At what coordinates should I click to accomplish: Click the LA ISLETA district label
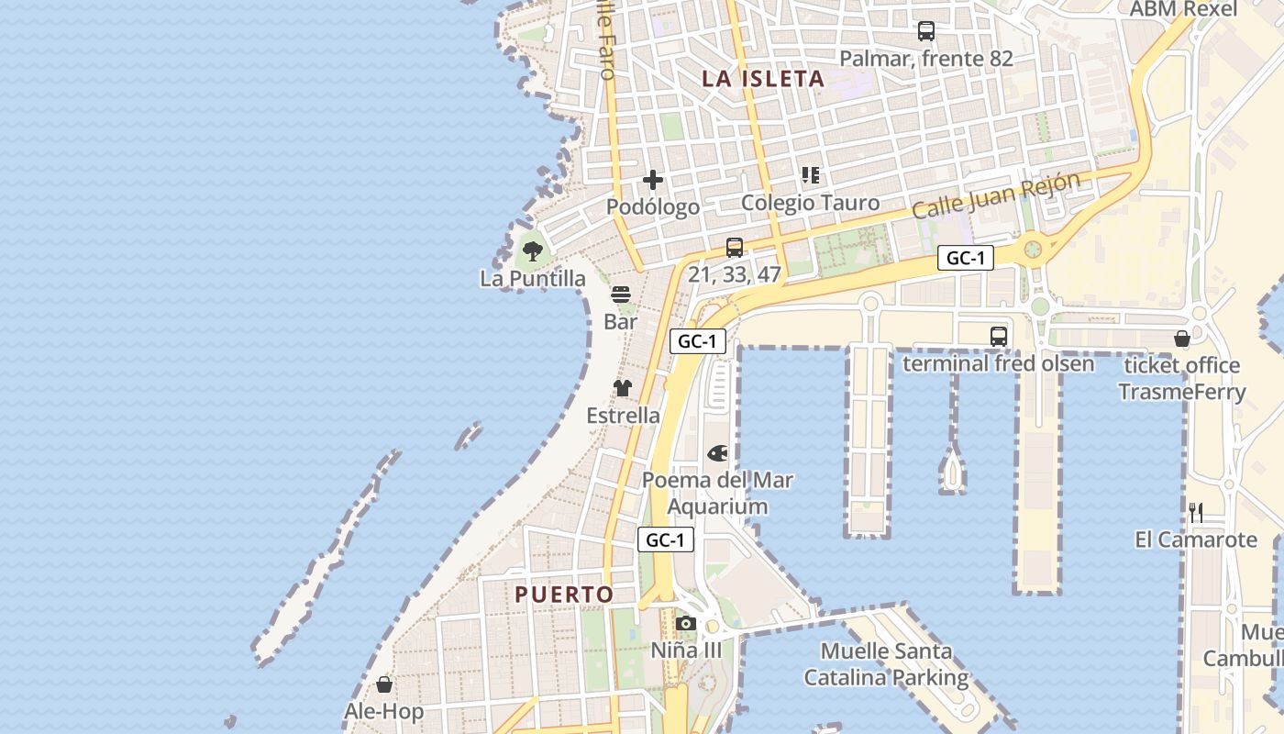coord(763,79)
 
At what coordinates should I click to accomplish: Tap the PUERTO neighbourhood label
coord(564,595)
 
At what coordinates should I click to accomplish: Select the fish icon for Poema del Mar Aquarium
coord(717,453)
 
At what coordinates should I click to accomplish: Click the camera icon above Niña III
coord(685,624)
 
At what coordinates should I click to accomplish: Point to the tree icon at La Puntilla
coord(532,250)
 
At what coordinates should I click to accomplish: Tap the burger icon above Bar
coord(621,295)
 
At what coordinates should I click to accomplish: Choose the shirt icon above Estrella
coord(623,388)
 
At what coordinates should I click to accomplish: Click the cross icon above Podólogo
coord(653,180)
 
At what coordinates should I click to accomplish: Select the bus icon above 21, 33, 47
coord(735,247)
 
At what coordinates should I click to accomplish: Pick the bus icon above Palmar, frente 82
coord(926,31)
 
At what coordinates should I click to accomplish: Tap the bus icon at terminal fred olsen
coord(999,337)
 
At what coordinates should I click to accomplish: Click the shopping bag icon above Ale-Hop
coord(384,684)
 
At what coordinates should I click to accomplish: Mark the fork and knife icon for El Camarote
coord(1196,512)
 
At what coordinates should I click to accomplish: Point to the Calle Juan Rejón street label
coord(995,195)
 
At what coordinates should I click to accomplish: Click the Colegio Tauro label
coord(810,203)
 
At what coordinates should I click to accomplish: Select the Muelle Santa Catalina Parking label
coord(886,665)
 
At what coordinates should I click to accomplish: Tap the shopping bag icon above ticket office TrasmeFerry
coord(1182,339)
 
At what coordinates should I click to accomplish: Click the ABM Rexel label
coord(1183,9)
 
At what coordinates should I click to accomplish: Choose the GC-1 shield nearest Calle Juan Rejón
coord(966,259)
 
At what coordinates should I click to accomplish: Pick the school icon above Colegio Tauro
coord(810,174)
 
